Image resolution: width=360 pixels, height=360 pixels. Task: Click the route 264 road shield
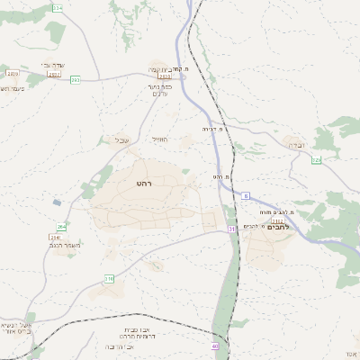pyautogui.click(x=61, y=227)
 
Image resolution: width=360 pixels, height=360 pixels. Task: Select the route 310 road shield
pyautogui.click(x=109, y=279)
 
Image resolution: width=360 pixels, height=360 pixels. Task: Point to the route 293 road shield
pyautogui.click(x=76, y=80)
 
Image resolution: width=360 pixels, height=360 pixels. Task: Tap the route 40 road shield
pyautogui.click(x=215, y=346)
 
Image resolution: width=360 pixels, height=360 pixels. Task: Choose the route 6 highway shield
pyautogui.click(x=245, y=194)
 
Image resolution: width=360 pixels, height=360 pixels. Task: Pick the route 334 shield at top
pyautogui.click(x=58, y=7)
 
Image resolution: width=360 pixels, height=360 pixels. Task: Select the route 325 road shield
pyautogui.click(x=316, y=160)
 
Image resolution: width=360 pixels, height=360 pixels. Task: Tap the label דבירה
pyautogui.click(x=297, y=144)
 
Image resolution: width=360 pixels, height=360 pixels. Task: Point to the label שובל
pyautogui.click(x=122, y=139)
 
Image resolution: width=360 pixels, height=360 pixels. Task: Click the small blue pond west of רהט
pyautogui.click(x=57, y=202)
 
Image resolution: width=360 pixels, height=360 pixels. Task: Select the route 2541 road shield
pyautogui.click(x=55, y=237)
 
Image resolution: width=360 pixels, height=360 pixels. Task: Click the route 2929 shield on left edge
pyautogui.click(x=13, y=74)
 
